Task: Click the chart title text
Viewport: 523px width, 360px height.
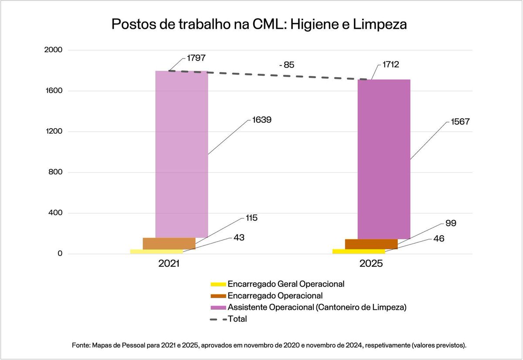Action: (259, 24)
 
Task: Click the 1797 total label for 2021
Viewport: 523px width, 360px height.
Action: (197, 58)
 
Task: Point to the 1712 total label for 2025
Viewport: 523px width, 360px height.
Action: (391, 65)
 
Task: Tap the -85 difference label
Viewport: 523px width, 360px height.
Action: (287, 65)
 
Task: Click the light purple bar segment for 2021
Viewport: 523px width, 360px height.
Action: (182, 153)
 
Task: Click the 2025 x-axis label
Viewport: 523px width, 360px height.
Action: (371, 264)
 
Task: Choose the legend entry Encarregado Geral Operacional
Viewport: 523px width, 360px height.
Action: (286, 284)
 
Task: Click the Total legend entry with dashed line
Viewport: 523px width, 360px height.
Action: (238, 319)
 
